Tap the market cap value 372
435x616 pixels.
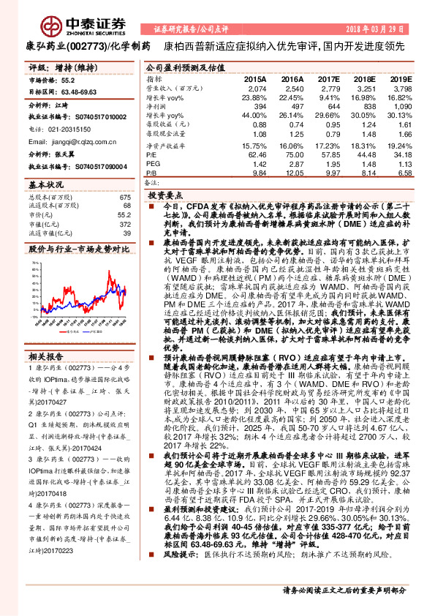pyautogui.click(x=124, y=225)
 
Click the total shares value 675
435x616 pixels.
pyautogui.click(x=124, y=198)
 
